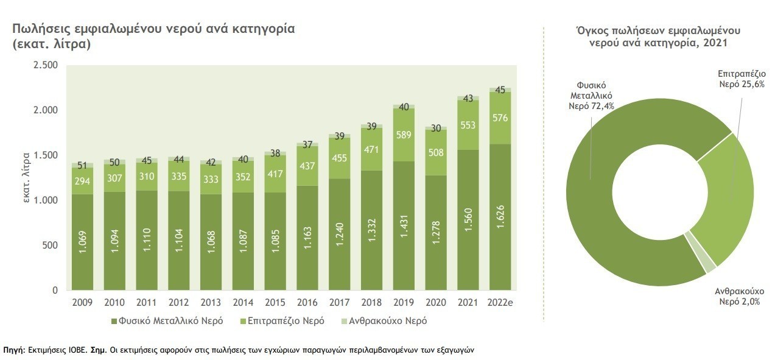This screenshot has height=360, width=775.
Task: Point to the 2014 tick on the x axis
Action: (243, 303)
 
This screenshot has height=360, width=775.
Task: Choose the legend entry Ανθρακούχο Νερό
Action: (384, 320)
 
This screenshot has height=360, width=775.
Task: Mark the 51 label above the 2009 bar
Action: (82, 164)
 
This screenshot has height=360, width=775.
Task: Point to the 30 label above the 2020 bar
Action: (436, 128)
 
